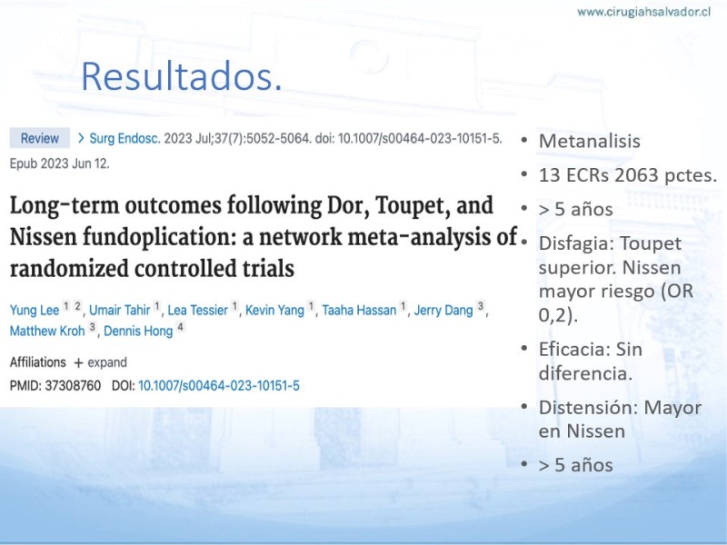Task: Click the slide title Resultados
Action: (181, 76)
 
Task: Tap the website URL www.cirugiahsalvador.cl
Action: (643, 12)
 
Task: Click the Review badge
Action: (40, 138)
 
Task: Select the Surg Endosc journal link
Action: (124, 138)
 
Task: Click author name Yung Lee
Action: (35, 310)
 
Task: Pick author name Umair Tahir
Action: (120, 310)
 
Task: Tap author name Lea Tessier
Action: (197, 310)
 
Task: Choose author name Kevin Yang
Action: (274, 310)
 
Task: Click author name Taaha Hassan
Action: (359, 310)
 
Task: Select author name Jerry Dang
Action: (443, 310)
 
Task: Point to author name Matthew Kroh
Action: (47, 331)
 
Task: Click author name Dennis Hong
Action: (138, 331)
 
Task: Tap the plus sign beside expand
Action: (78, 362)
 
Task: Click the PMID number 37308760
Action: (73, 385)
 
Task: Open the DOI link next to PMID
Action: (219, 385)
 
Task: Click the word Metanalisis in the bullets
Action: (589, 141)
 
